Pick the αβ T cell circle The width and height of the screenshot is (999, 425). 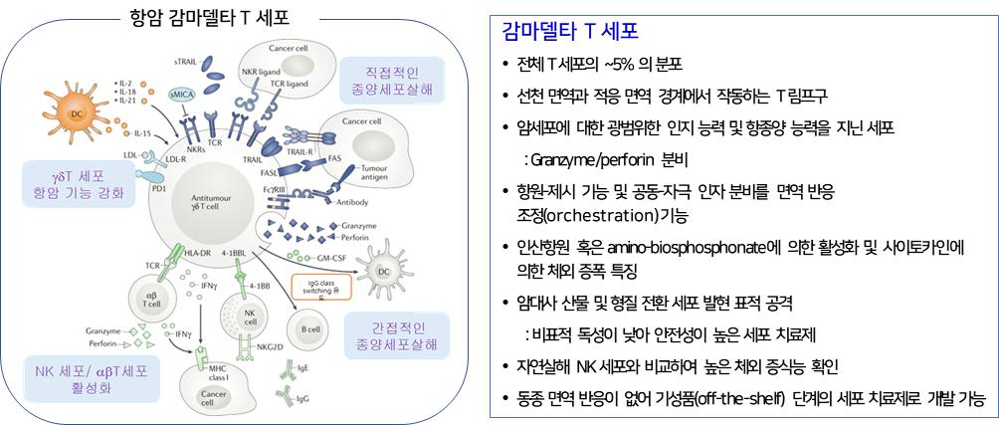pos(151,303)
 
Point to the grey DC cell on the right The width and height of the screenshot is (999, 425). pos(384,270)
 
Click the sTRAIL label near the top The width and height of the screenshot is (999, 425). pos(187,62)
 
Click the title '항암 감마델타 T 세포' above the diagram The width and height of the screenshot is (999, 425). pos(203,16)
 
